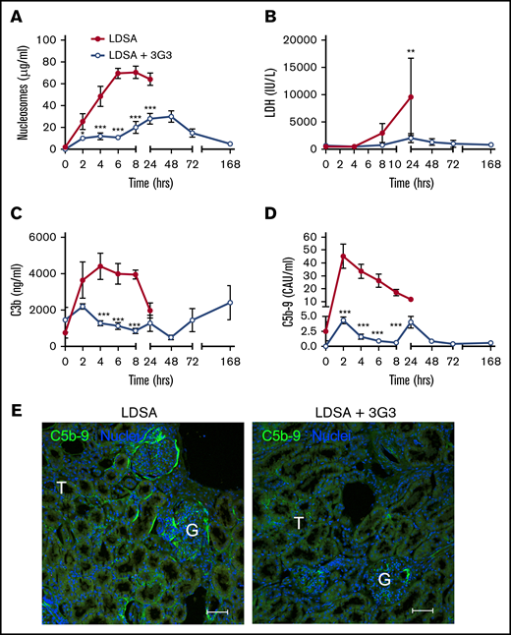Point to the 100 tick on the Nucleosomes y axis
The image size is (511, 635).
click(44, 40)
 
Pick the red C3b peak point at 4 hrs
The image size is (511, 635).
click(99, 266)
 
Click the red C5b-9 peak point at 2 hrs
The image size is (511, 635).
click(343, 257)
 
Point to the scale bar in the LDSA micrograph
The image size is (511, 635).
click(218, 611)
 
